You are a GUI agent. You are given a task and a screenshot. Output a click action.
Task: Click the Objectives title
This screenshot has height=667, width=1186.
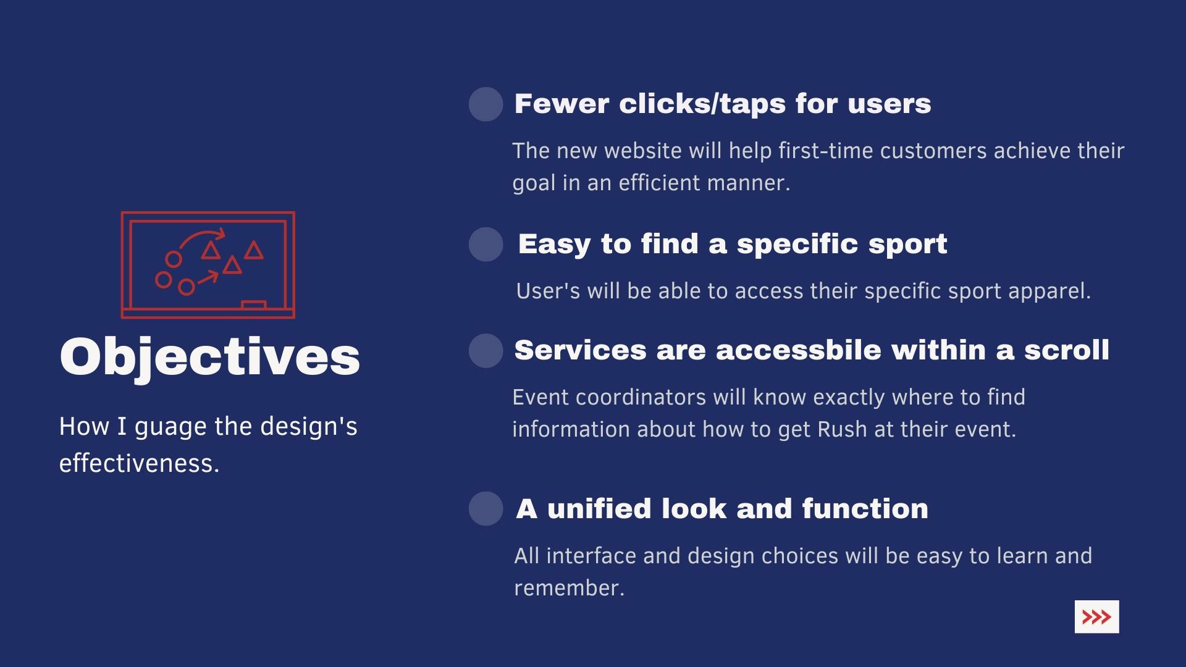(209, 357)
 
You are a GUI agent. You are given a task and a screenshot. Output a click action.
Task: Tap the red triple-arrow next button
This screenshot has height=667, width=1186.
(1096, 617)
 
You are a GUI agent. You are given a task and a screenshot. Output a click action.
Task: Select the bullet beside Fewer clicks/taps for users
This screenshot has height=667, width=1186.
(486, 104)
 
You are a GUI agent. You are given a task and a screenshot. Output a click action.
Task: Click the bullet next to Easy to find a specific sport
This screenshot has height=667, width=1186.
(486, 244)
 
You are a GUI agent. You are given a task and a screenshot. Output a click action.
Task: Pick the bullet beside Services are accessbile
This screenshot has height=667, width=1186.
(486, 351)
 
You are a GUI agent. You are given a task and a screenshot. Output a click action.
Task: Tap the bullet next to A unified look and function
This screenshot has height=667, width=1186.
(486, 509)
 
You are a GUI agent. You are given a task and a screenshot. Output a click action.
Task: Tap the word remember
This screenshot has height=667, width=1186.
(569, 588)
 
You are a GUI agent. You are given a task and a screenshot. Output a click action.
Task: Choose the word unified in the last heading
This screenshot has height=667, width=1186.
(599, 509)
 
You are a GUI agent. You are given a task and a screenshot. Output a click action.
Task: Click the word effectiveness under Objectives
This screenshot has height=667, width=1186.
(139, 463)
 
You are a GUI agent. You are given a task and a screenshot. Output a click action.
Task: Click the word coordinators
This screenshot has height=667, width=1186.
(641, 397)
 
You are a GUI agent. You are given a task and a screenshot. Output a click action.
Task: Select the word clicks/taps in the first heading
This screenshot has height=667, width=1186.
(702, 104)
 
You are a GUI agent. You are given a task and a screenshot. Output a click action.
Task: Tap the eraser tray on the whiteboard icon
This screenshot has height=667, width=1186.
(253, 304)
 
